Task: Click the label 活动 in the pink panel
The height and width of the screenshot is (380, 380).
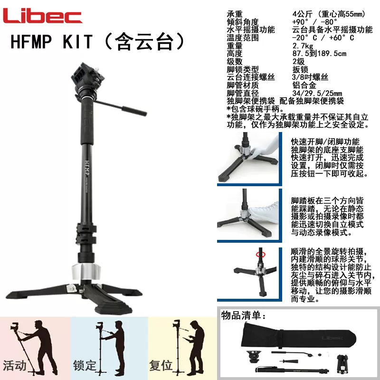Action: (x=15, y=366)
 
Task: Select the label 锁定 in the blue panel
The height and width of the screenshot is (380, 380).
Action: (x=85, y=366)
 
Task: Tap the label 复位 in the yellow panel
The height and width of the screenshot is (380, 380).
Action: (x=161, y=366)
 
